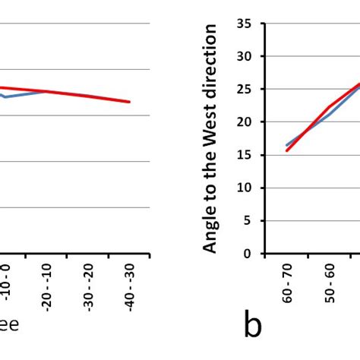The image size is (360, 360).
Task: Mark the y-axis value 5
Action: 247,220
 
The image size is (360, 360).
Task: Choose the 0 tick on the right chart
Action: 247,254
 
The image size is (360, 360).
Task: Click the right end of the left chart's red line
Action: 130,102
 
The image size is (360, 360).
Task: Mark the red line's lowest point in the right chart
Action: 287,150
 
